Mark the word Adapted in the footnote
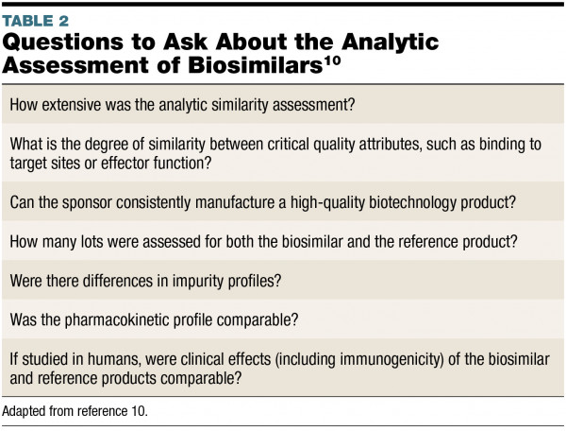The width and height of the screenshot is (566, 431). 25,412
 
